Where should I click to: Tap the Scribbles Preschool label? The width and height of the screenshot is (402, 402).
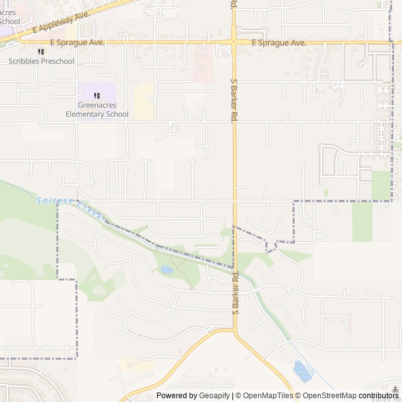[x=41, y=62]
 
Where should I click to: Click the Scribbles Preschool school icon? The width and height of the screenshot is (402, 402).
[x=41, y=52]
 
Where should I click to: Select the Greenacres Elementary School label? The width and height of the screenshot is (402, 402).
[x=97, y=110]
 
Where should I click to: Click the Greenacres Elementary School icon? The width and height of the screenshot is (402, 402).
[x=97, y=95]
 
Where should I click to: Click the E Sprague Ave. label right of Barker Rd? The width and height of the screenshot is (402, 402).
[x=278, y=43]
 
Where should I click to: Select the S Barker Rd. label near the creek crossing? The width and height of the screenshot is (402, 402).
[x=236, y=292]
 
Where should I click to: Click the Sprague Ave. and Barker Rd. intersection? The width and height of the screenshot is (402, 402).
[x=234, y=43]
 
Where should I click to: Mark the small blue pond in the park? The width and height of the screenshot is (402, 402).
[x=166, y=270]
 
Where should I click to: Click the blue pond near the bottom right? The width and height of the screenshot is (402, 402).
[x=302, y=371]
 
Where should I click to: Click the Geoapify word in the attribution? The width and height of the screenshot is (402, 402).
[x=215, y=395]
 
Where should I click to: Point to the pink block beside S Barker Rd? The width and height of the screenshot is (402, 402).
[x=204, y=68]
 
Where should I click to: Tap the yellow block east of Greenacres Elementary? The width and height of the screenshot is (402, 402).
[x=144, y=100]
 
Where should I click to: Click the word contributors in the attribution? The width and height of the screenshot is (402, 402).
[x=379, y=395]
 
